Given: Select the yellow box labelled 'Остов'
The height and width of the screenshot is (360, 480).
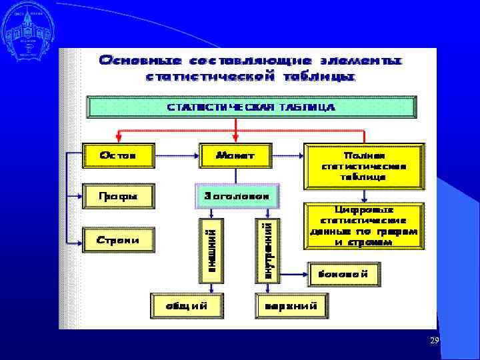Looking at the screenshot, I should [x=118, y=155].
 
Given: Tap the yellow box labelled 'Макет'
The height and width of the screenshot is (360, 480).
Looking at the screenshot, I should [x=235, y=155].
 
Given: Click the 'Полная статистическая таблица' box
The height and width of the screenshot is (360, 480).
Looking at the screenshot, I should [x=363, y=165].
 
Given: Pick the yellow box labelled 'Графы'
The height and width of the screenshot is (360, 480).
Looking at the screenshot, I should [x=118, y=196].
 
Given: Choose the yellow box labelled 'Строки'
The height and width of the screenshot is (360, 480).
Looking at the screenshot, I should [x=118, y=239].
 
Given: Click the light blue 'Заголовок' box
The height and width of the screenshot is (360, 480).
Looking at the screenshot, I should [x=237, y=196].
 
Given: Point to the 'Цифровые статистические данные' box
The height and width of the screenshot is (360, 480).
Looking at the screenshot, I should [x=363, y=227].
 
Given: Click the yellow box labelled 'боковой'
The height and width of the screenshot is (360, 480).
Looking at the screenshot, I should [x=345, y=273].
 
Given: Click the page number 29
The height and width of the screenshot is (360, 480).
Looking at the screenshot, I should [x=434, y=341].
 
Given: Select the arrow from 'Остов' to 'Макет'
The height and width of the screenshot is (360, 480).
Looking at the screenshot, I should [x=176, y=155].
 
